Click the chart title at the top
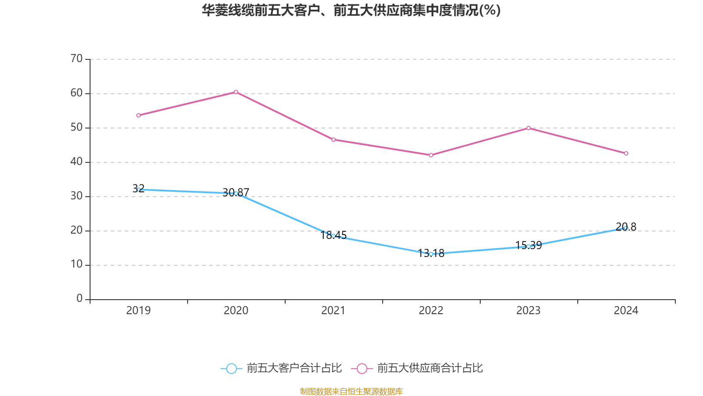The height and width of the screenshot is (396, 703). (x=351, y=10)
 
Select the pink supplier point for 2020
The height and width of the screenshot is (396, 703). (x=236, y=92)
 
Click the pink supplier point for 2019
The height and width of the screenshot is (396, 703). (x=138, y=115)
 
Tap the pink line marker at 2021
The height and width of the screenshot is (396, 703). (x=333, y=139)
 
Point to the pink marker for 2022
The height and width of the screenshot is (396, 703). (x=431, y=155)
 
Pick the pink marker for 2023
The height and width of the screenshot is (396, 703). (x=529, y=128)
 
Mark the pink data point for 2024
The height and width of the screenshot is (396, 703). (x=626, y=154)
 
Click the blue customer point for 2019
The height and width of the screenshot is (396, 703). (x=138, y=190)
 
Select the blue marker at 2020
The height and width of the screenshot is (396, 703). (x=236, y=193)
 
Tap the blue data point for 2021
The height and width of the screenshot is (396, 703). (x=333, y=236)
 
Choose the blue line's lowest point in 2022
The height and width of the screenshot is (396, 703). (x=431, y=254)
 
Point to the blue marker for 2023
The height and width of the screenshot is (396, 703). (x=529, y=246)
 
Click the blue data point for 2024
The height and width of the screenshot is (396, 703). (x=626, y=228)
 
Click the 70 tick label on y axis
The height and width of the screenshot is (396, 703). (x=76, y=59)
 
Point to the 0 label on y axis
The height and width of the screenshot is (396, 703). (x=80, y=299)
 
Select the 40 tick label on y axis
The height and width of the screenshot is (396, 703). (x=76, y=161)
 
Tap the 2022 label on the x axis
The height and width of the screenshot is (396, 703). (x=431, y=311)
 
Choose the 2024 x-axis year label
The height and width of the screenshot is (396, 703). (x=626, y=311)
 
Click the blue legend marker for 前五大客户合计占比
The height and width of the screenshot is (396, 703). (x=231, y=368)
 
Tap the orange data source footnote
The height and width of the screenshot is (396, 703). (x=351, y=391)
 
